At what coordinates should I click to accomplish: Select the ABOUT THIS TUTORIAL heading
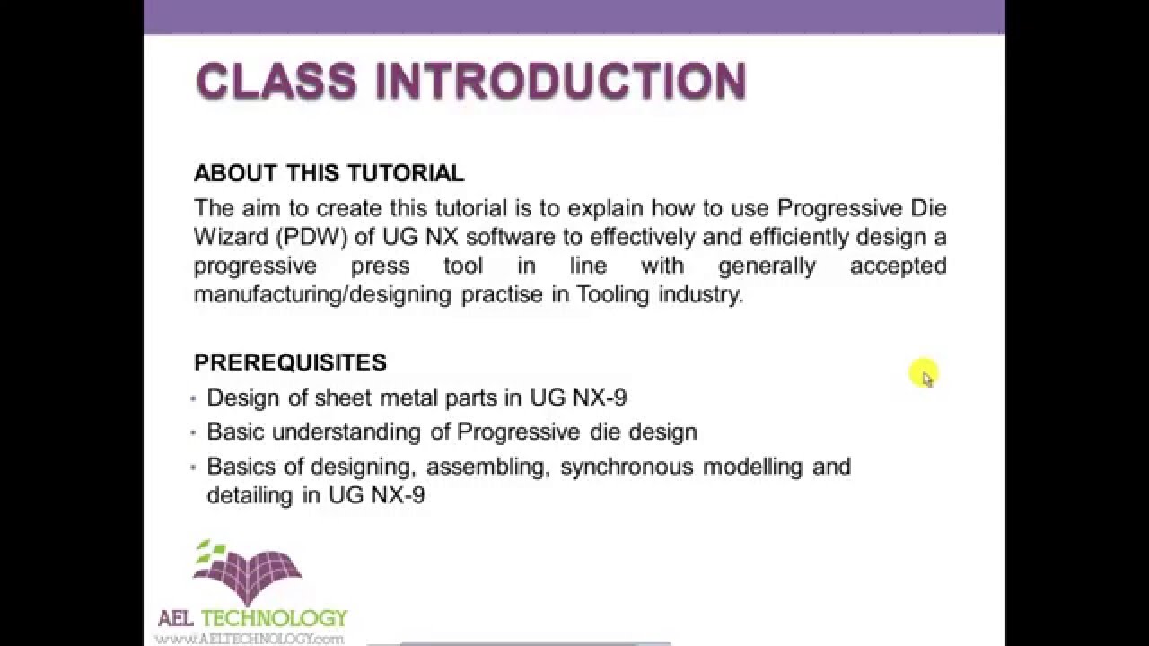(329, 173)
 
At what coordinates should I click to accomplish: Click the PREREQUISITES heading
(290, 362)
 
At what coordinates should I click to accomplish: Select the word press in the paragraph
(380, 266)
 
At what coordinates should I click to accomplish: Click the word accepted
(898, 266)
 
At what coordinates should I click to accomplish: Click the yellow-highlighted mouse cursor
(925, 374)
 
